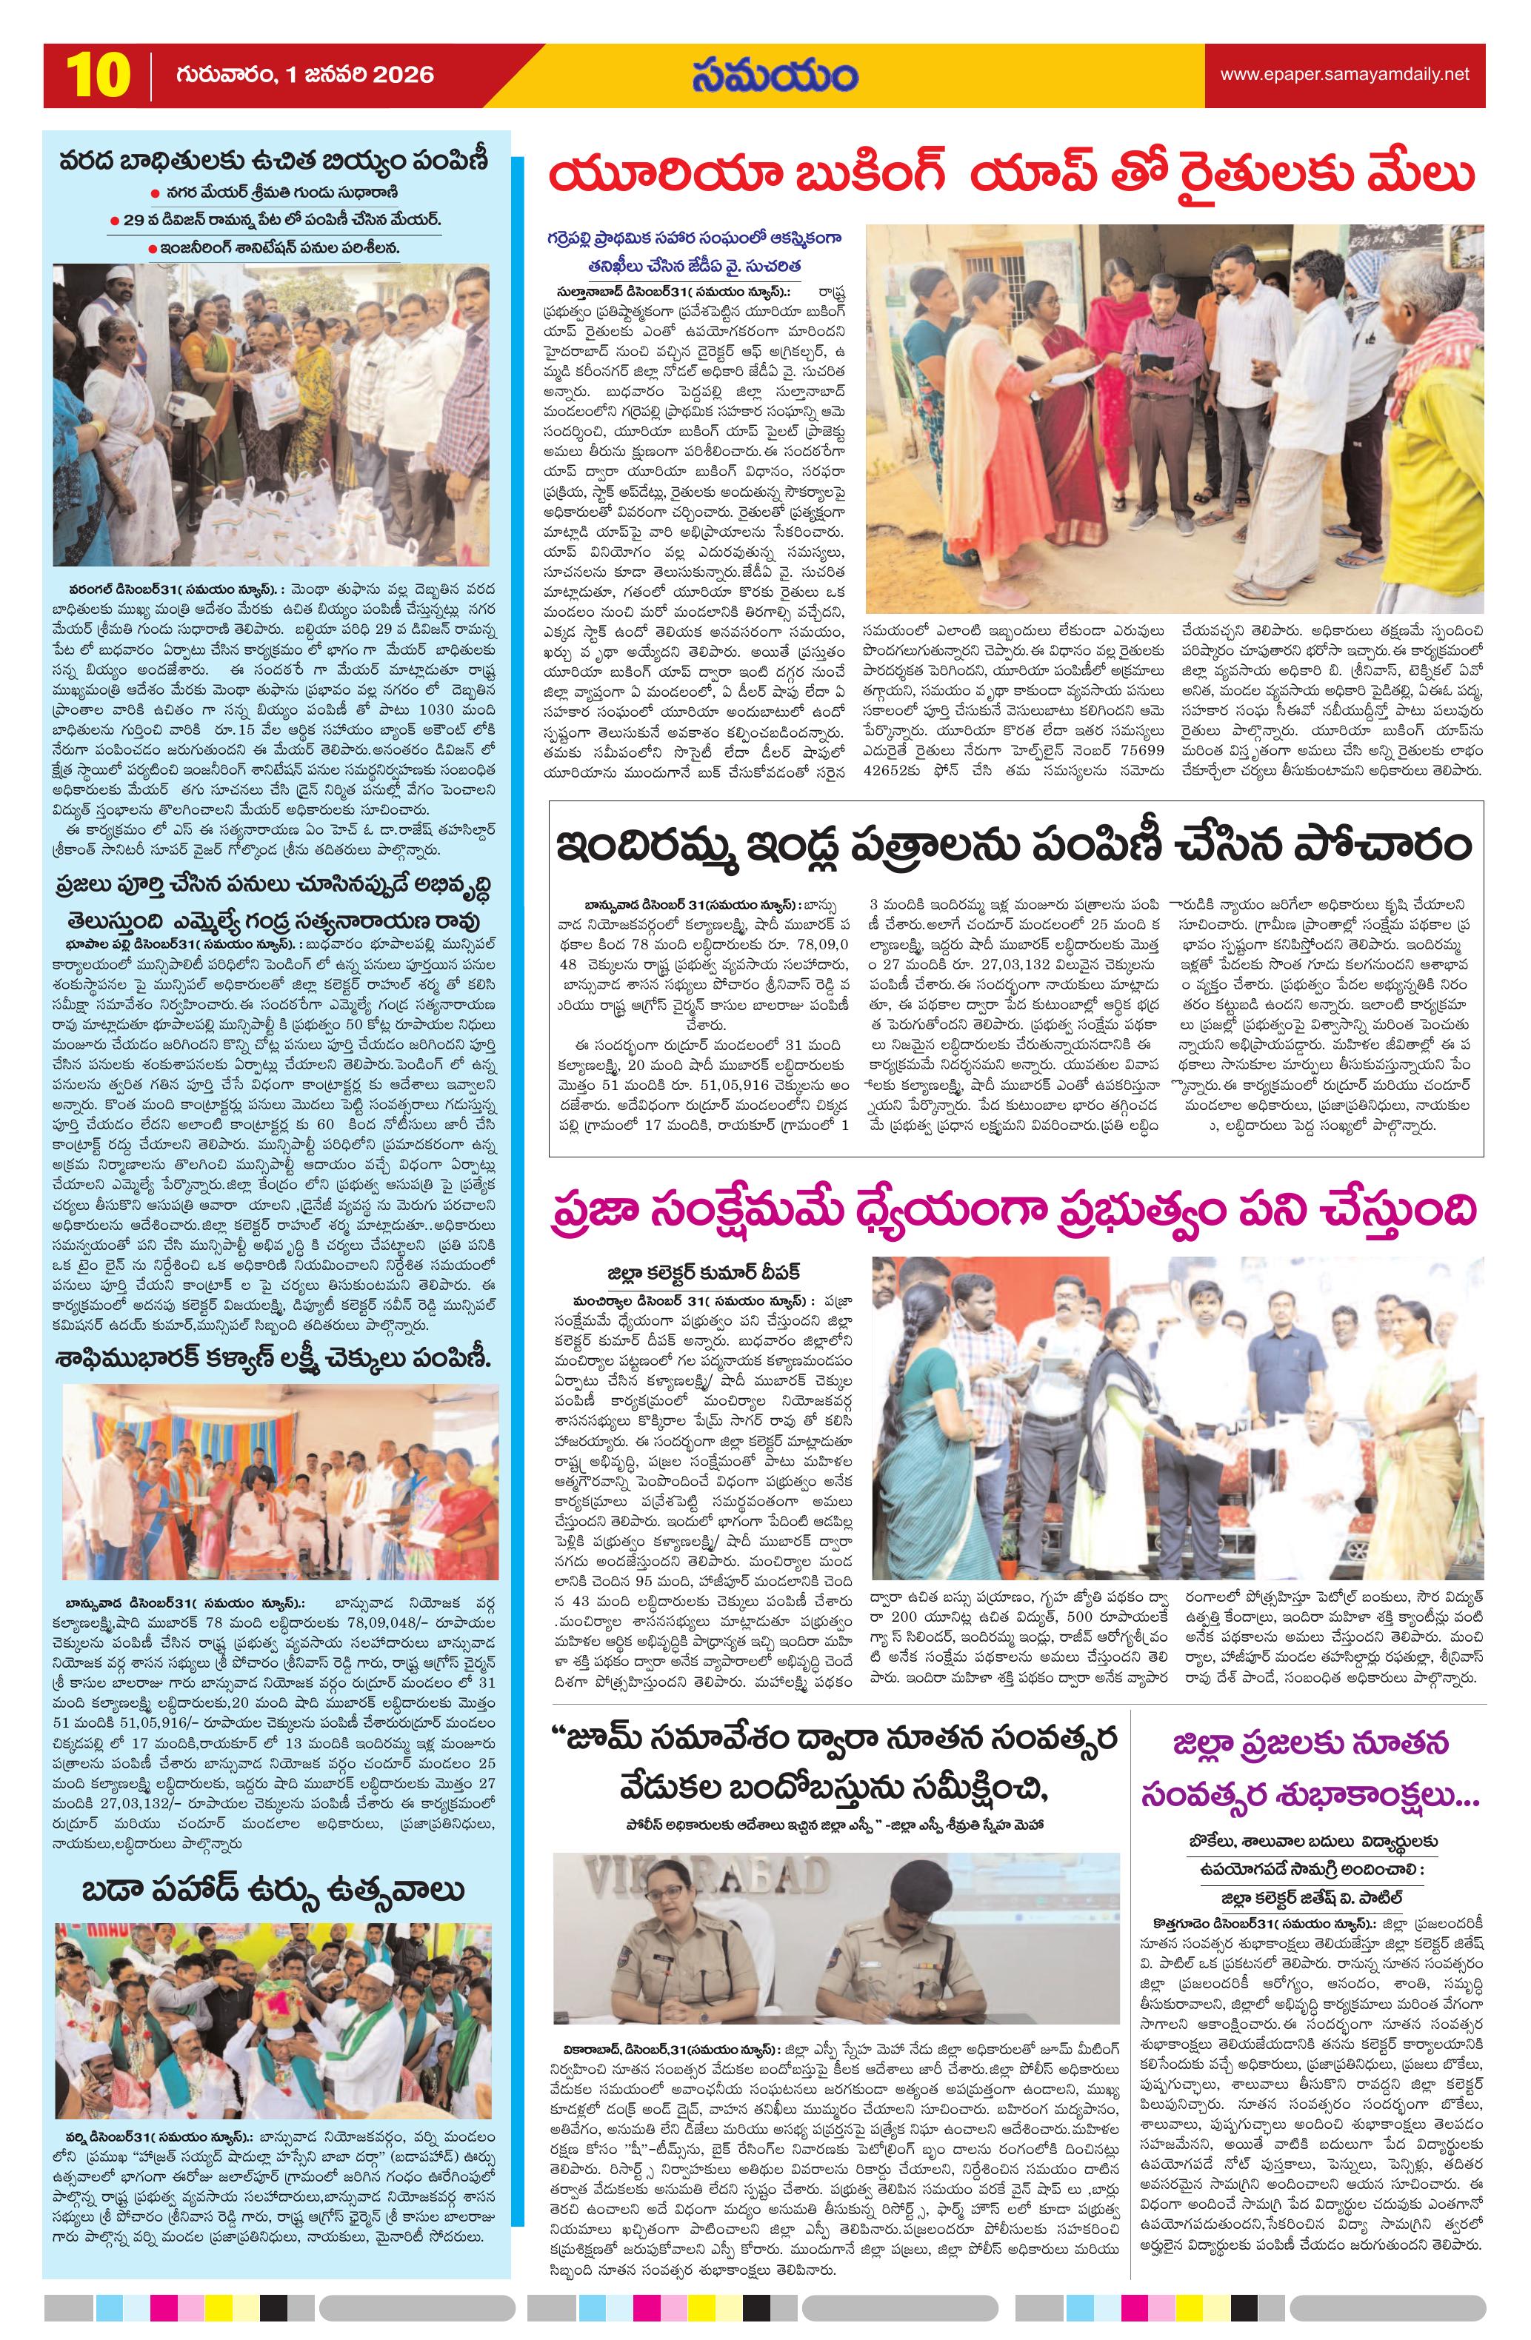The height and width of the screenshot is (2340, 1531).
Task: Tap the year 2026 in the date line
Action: coord(401,76)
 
